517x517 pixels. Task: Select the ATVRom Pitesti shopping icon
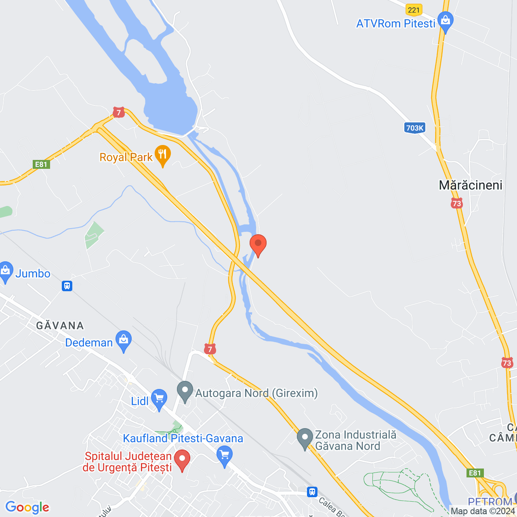(x=446, y=22)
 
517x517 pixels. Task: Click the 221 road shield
(x=414, y=10)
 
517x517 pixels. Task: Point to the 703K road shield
(x=414, y=128)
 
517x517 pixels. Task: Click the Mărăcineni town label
(x=471, y=185)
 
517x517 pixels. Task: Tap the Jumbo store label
(x=33, y=274)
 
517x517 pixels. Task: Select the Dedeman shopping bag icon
(x=124, y=340)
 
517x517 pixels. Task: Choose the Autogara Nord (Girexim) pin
(x=185, y=391)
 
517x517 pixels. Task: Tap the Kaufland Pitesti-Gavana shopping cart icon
(x=225, y=455)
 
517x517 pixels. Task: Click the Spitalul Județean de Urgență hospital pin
(x=182, y=460)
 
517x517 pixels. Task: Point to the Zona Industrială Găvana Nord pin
(x=305, y=438)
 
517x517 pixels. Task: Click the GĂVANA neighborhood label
(x=60, y=326)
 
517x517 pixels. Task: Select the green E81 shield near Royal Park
(x=41, y=164)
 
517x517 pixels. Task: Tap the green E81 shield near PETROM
(x=475, y=473)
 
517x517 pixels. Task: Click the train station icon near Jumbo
(x=67, y=286)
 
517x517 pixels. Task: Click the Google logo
(x=27, y=507)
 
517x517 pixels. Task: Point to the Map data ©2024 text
(x=483, y=511)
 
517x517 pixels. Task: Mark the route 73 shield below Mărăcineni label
(x=457, y=203)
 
